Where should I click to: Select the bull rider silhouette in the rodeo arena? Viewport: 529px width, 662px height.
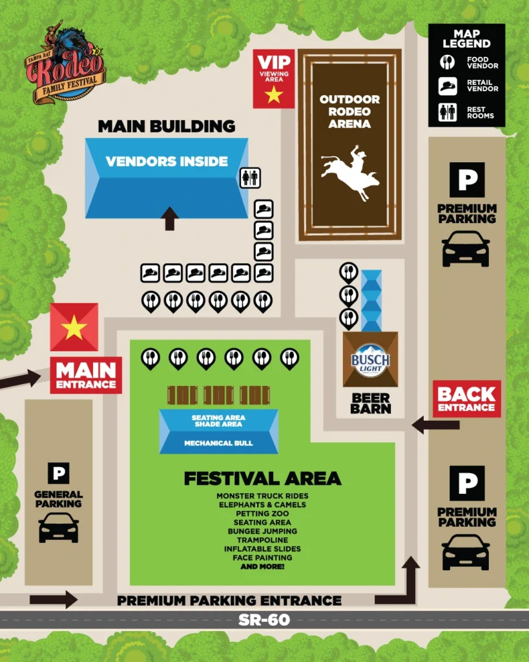(352, 171)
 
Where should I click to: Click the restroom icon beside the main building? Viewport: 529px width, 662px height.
(250, 177)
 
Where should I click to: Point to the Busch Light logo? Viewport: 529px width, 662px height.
(370, 360)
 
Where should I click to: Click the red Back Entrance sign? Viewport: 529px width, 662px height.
(467, 399)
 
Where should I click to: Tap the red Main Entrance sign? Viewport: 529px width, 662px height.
(86, 375)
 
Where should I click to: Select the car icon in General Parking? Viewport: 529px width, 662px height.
(59, 528)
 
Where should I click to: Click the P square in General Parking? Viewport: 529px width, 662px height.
(58, 474)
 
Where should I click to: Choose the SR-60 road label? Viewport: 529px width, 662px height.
(264, 620)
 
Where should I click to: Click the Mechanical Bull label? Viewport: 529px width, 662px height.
(218, 443)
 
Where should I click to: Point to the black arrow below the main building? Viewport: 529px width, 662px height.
(170, 219)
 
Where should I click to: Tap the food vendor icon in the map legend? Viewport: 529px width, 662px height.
(448, 63)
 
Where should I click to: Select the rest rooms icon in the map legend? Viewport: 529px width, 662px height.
(448, 112)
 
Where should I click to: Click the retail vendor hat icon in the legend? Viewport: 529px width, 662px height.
(448, 86)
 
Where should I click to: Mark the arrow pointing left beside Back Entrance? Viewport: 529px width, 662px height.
(435, 425)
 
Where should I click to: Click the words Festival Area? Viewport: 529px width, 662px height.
(262, 478)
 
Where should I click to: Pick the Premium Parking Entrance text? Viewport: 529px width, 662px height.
(229, 601)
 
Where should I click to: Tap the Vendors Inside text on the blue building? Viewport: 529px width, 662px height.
(167, 161)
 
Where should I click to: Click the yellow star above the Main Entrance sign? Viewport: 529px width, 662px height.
(74, 328)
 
